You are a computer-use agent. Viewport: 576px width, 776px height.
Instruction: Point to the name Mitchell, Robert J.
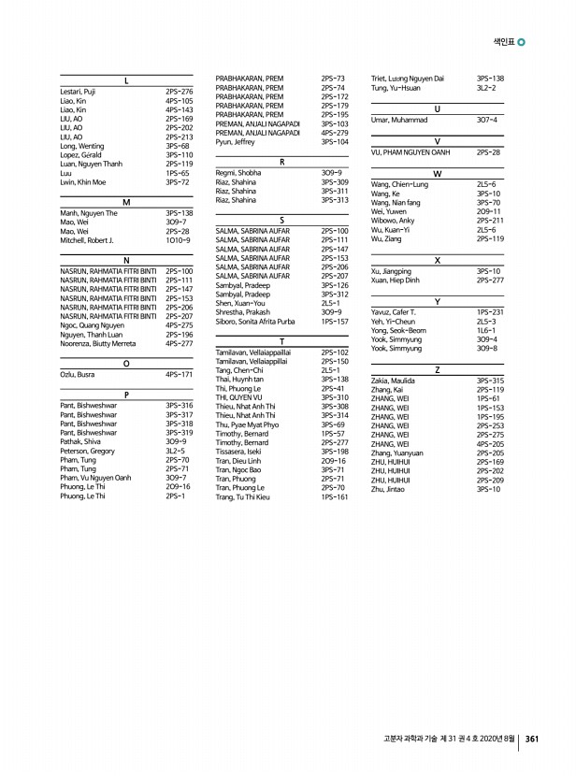coord(87,240)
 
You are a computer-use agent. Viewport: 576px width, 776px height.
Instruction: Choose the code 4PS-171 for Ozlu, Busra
coord(179,374)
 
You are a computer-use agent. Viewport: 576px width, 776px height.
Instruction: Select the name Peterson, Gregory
coord(88,451)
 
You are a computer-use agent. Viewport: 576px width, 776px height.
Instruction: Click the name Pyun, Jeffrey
coord(235,141)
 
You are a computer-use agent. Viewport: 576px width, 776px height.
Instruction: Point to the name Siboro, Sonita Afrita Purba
coord(255,322)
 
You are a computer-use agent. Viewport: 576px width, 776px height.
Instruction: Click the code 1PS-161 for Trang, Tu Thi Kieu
coord(334,497)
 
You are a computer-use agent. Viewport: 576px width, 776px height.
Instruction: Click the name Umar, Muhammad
coord(398,120)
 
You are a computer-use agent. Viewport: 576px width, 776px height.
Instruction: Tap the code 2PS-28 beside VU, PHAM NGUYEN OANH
coord(488,151)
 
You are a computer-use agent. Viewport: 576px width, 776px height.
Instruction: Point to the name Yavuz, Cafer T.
coord(394,312)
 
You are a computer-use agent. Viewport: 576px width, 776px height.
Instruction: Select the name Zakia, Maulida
coord(394,381)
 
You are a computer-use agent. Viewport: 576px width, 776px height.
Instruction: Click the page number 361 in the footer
coord(532,738)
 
